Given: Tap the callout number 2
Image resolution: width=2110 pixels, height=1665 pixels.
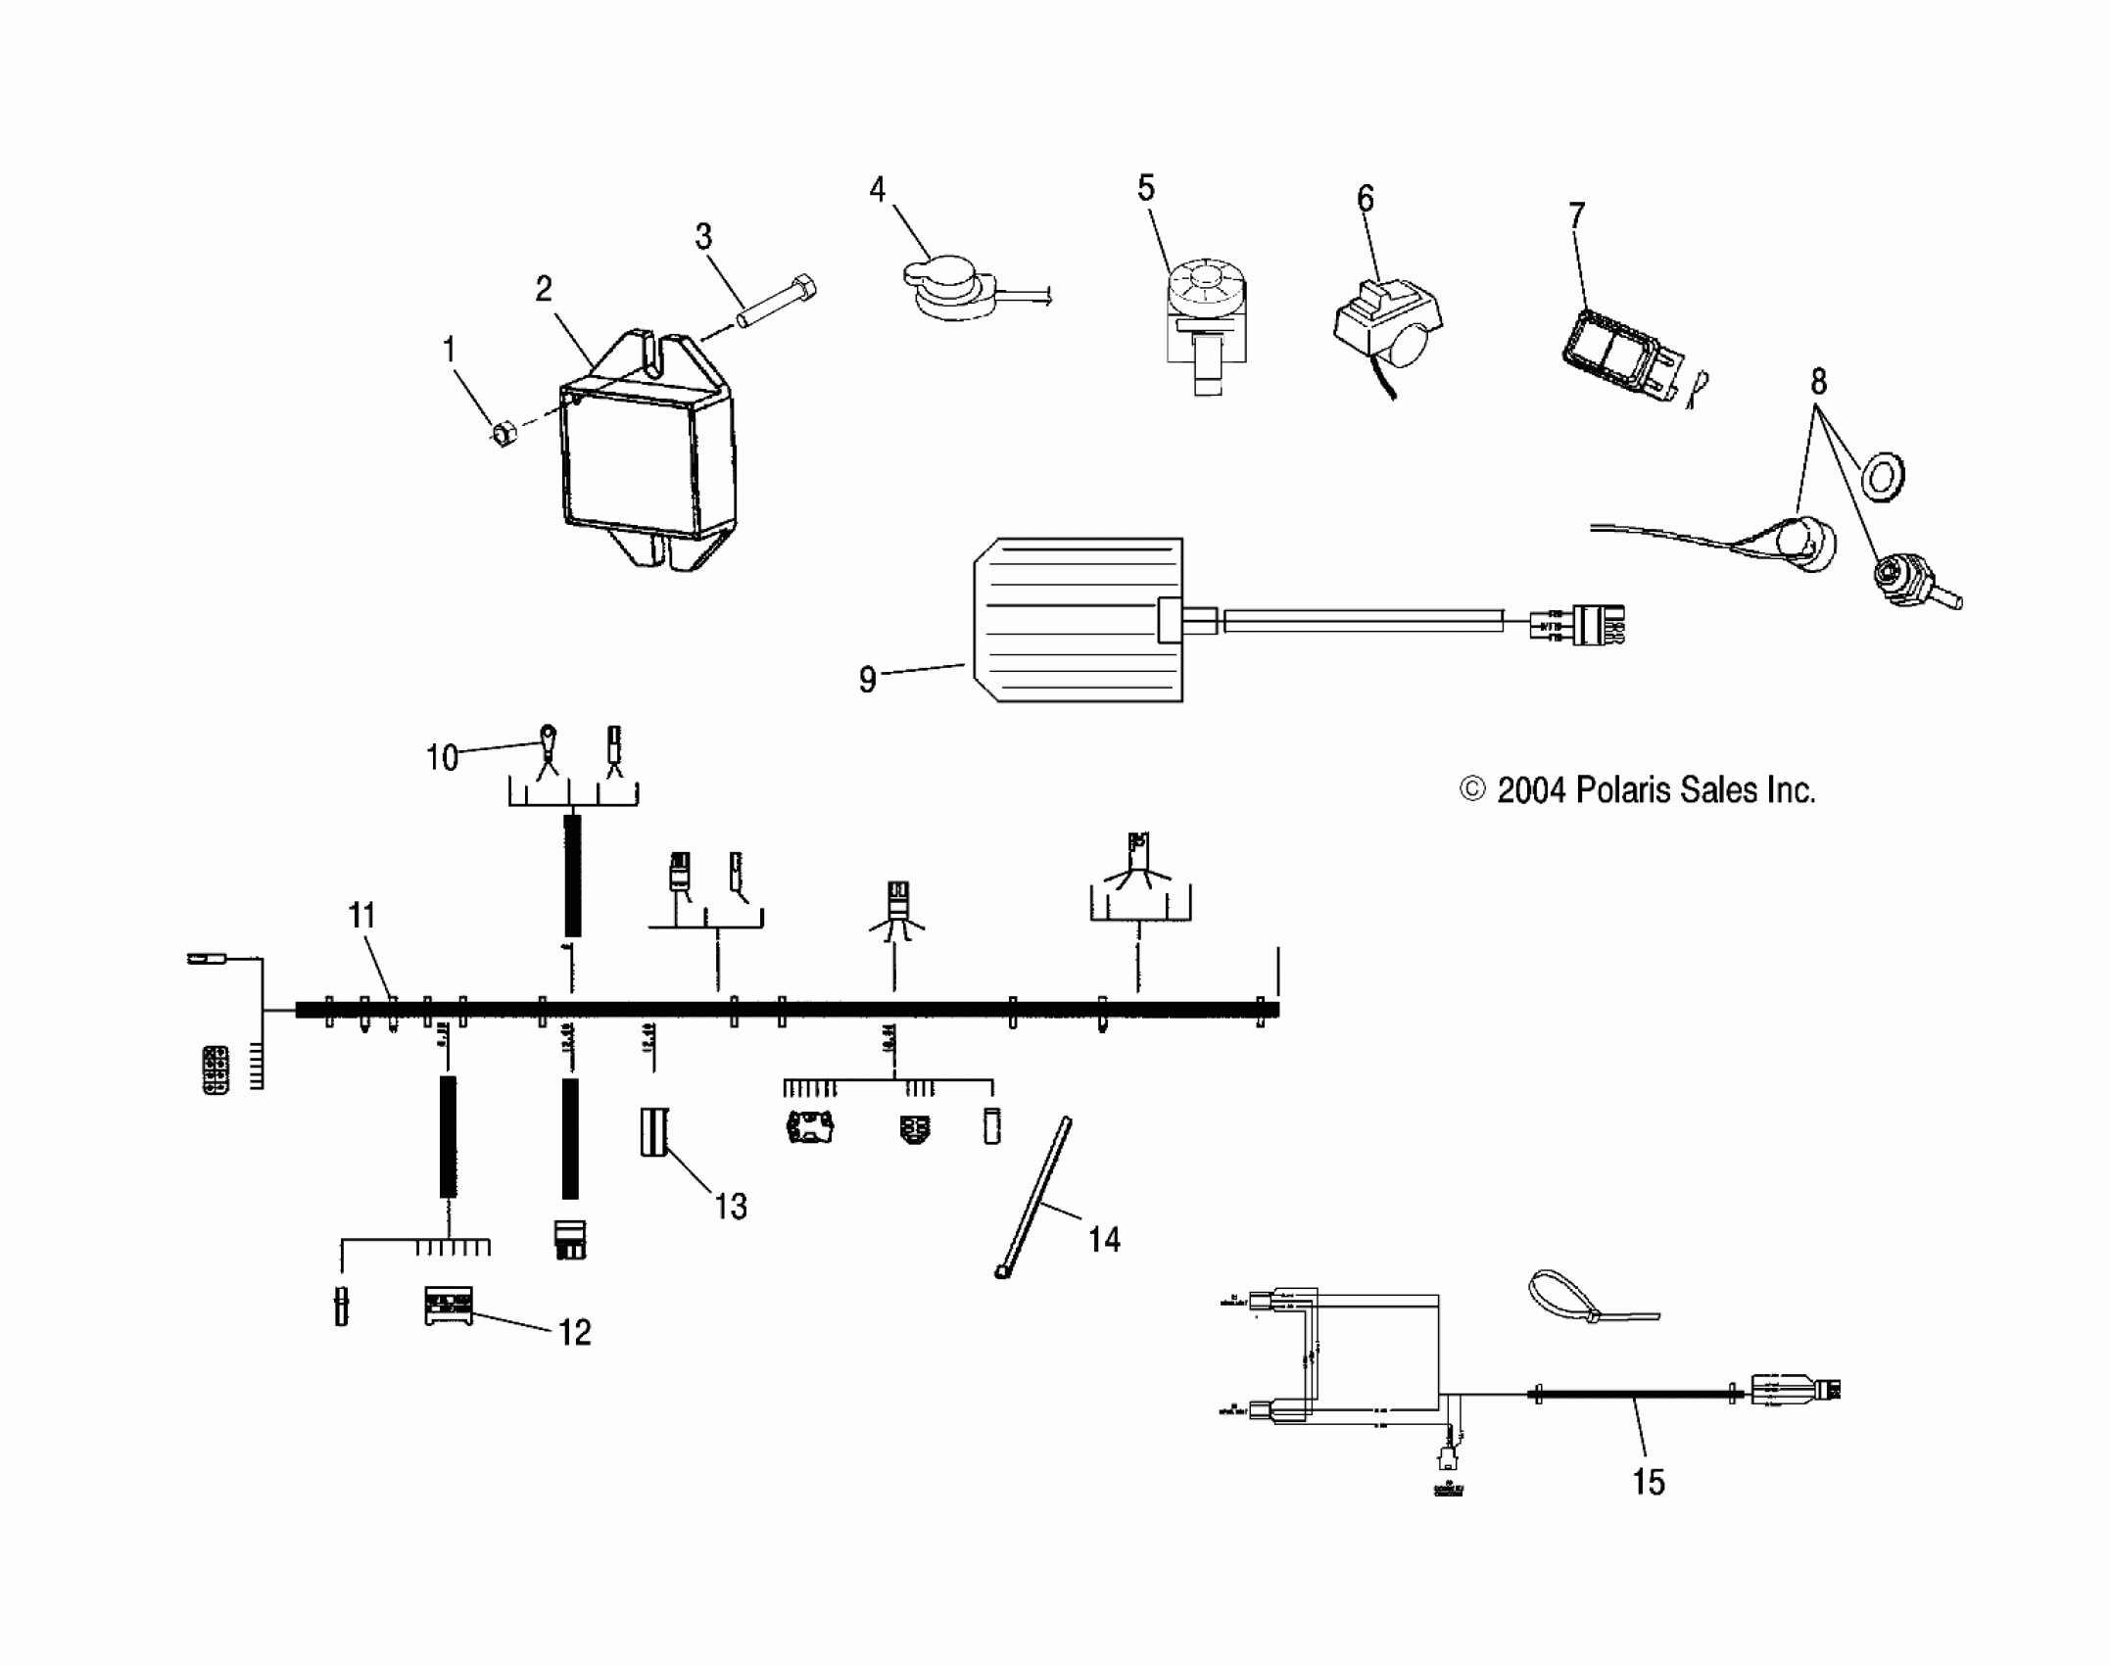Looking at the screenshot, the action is pyautogui.click(x=544, y=289).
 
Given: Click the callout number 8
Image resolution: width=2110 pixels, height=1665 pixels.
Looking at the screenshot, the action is pyautogui.click(x=1818, y=381).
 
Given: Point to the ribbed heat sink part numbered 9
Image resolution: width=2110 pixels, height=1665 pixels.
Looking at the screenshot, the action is pyautogui.click(x=1078, y=620).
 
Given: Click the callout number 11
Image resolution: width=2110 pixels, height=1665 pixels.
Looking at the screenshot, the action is pyautogui.click(x=362, y=917).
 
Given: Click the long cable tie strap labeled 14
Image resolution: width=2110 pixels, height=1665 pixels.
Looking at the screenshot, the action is pyautogui.click(x=1034, y=1197).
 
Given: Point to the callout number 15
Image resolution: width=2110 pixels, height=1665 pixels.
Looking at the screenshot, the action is pyautogui.click(x=1649, y=1482).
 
